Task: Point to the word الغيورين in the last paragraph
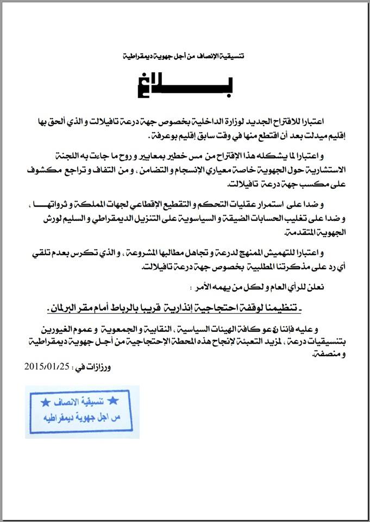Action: click(x=53, y=330)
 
